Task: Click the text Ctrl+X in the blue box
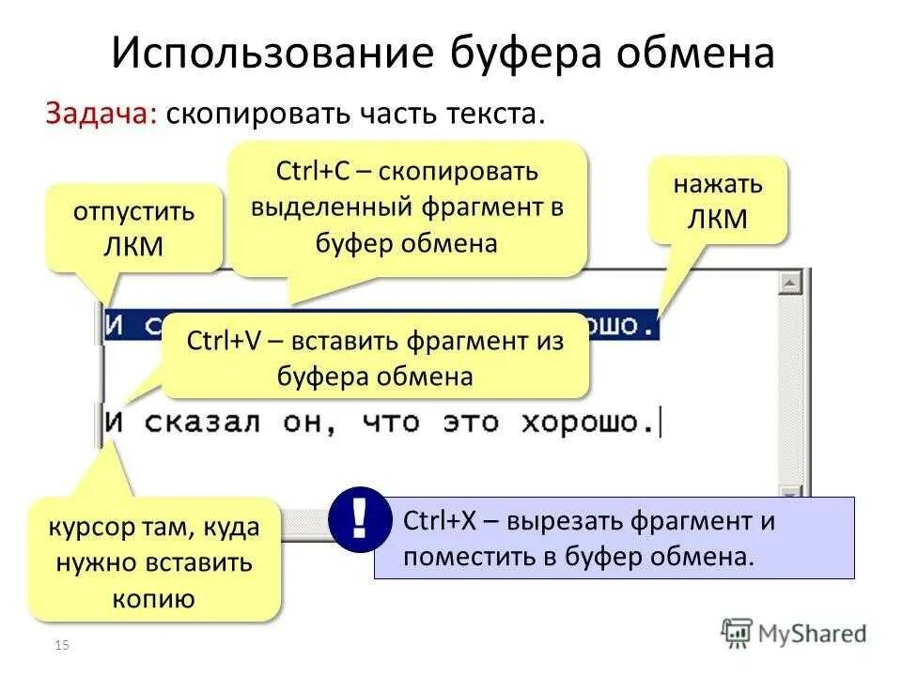[x=437, y=522]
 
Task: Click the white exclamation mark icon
[x=359, y=516]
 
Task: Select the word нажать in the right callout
[x=717, y=184]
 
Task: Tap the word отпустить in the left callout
[x=134, y=210]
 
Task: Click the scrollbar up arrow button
[x=792, y=283]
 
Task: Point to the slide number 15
[x=64, y=644]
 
